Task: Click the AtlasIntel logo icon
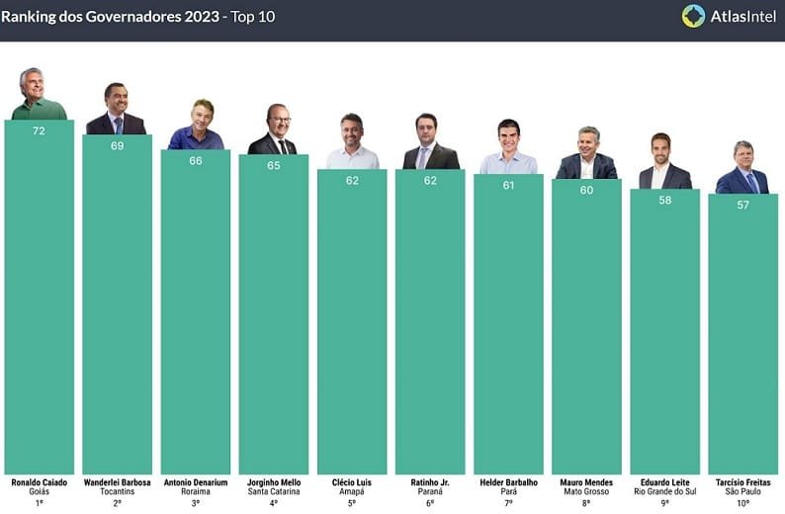[693, 16]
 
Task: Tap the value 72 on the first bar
[39, 130]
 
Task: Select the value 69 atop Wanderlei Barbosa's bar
[117, 145]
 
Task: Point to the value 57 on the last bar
[742, 205]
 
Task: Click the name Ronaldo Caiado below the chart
[39, 482]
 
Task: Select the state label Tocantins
[117, 491]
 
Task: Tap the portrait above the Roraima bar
[196, 126]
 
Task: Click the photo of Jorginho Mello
[273, 130]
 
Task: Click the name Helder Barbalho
[508, 482]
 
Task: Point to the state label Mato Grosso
[586, 491]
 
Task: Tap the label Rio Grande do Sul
[664, 491]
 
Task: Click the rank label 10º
[742, 502]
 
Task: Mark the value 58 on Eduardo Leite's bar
[664, 200]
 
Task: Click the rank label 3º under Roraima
[196, 502]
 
